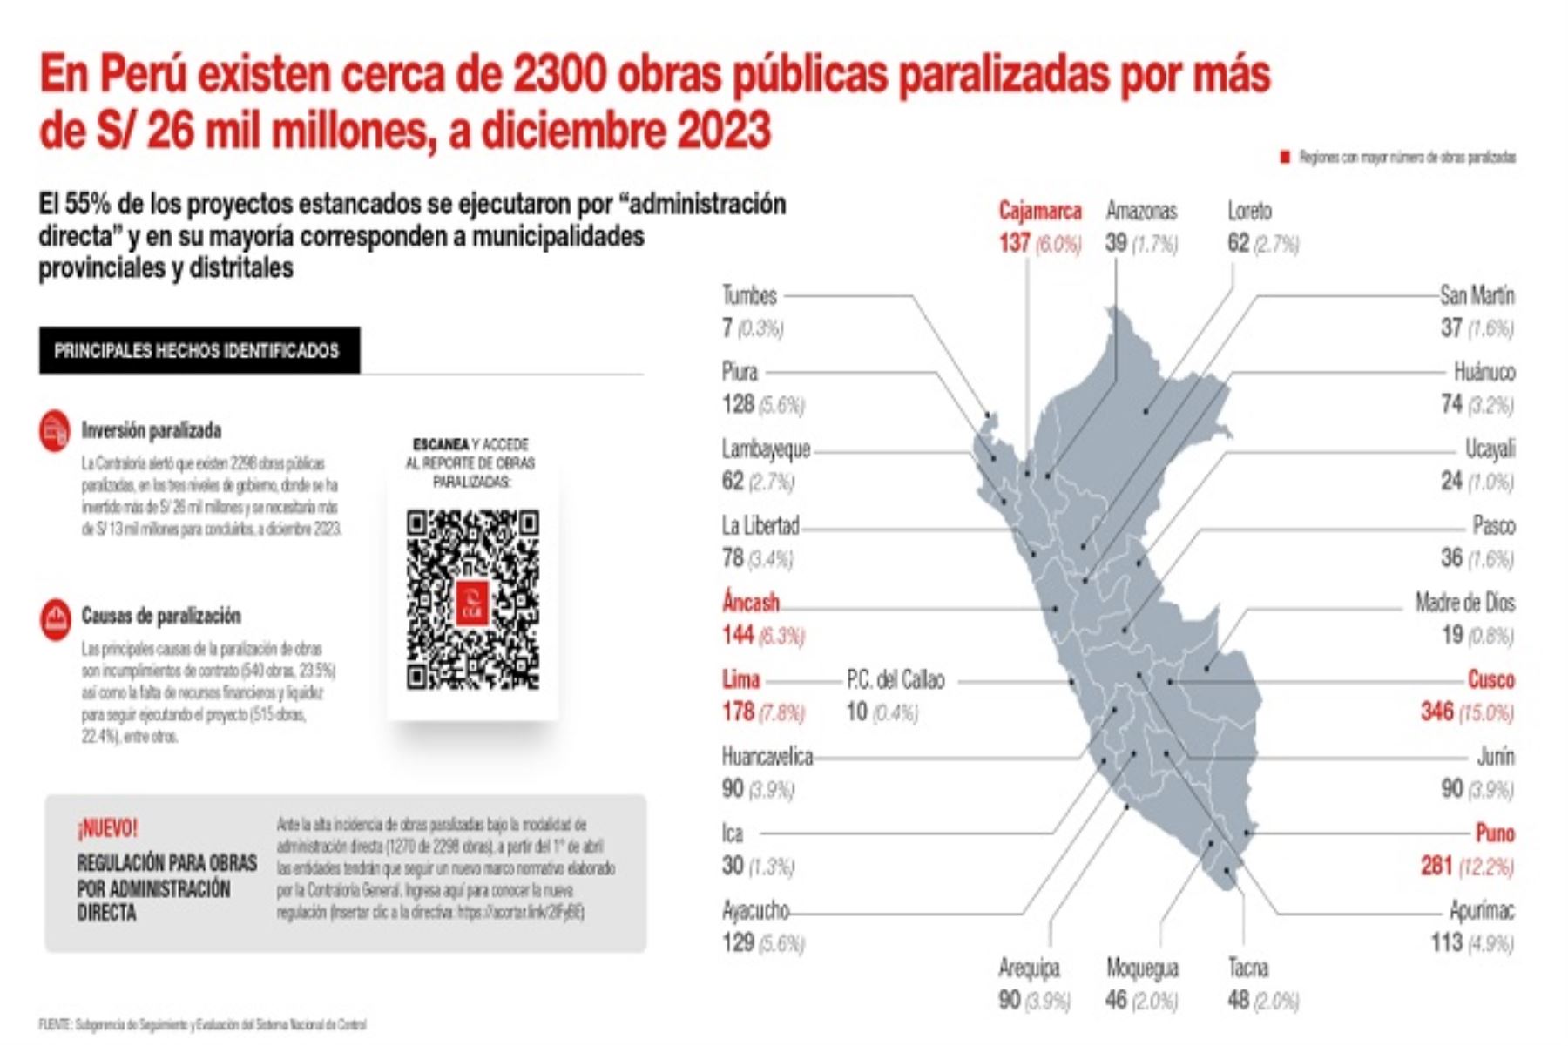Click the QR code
coord(472,600)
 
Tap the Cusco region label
coord(1490,679)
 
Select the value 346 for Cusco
coord(1437,712)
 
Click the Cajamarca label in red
coord(1039,211)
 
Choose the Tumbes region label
coord(748,296)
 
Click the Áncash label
coord(750,603)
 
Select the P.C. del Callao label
coord(895,679)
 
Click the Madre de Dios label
coord(1464,603)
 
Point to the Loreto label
coord(1249,211)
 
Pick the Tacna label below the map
coord(1247,968)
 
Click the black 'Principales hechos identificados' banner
coord(199,351)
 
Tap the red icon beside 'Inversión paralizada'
coord(54,431)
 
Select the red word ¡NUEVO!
coord(107,828)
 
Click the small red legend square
coord(1284,158)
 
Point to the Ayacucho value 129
coord(738,942)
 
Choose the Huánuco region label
coord(1484,373)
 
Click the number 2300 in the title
coord(558,76)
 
